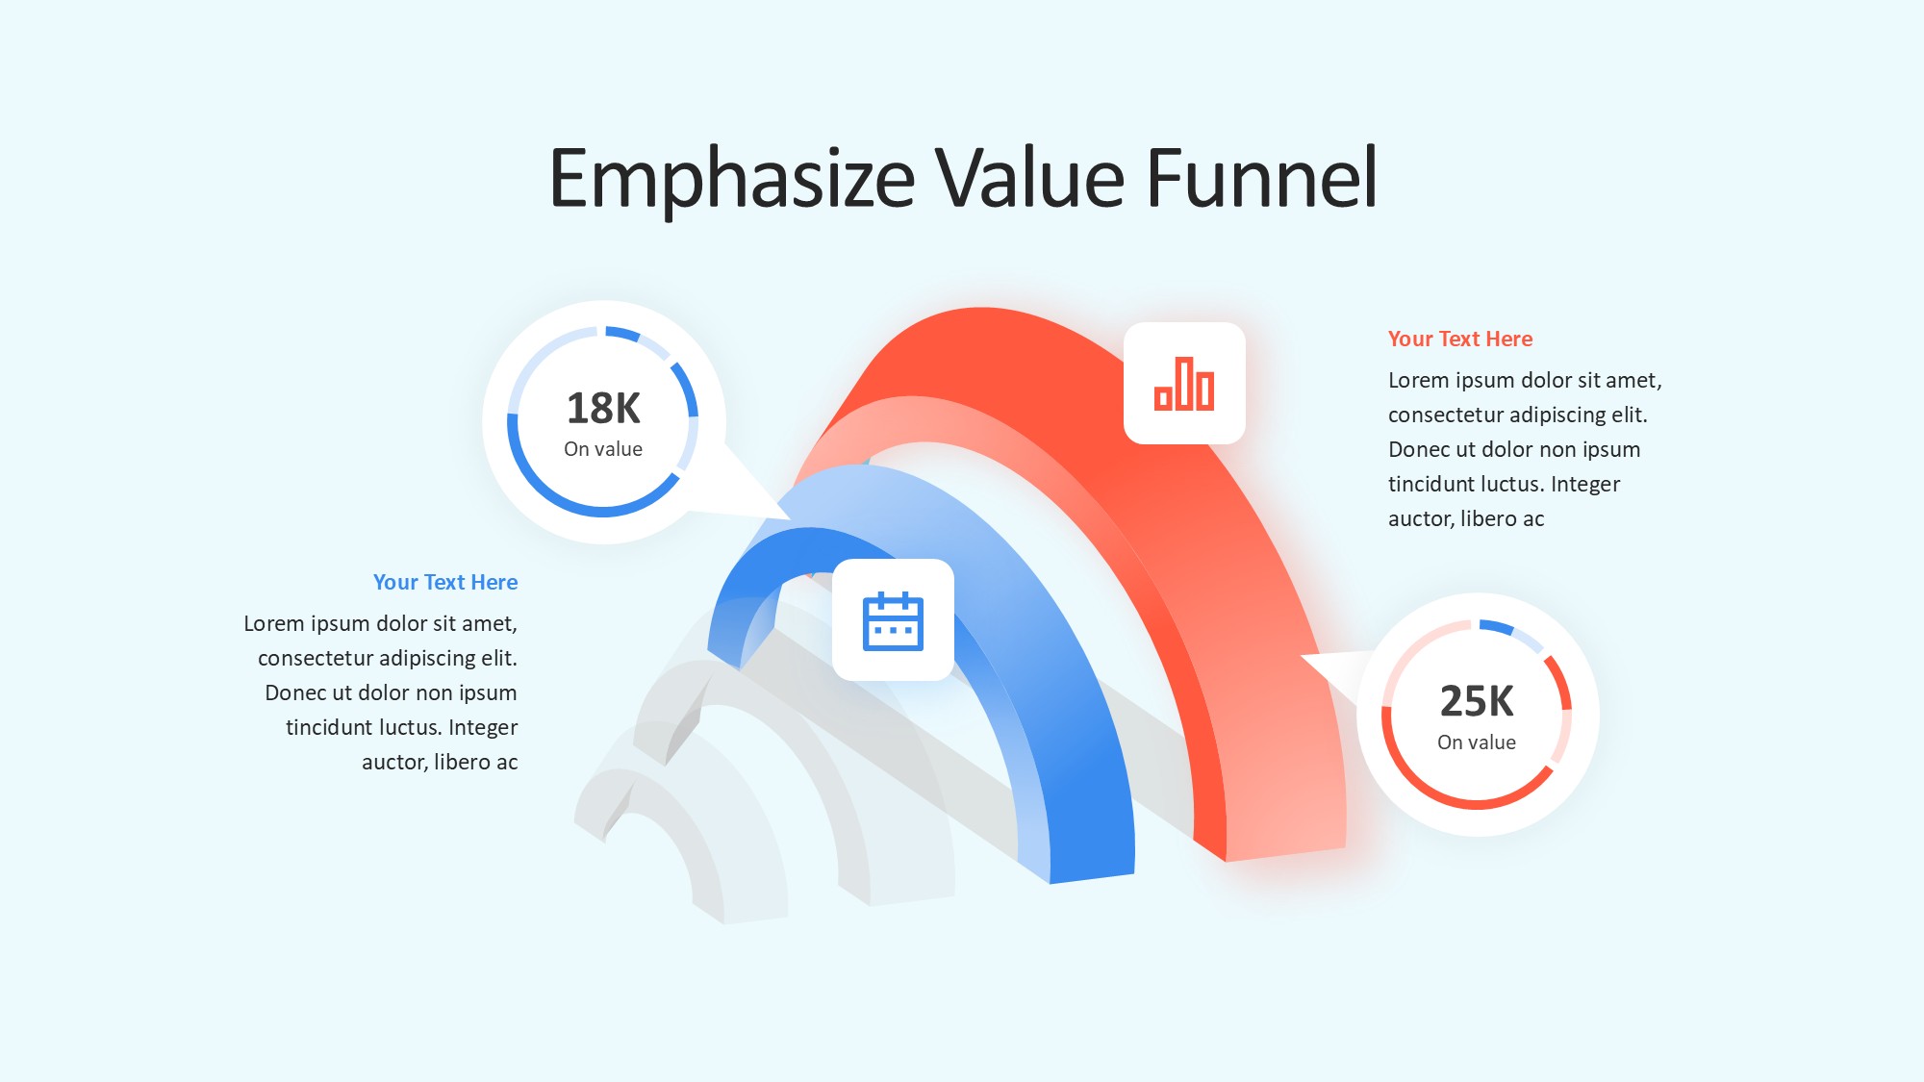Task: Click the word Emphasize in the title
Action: [x=732, y=179]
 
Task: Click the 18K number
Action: [x=603, y=408]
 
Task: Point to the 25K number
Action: [x=1477, y=701]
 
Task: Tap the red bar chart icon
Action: [x=1184, y=384]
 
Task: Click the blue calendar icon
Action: [x=893, y=621]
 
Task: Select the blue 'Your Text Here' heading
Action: [x=445, y=582]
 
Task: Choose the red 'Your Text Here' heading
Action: [x=1460, y=339]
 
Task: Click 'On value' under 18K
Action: [x=603, y=449]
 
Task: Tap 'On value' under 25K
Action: [x=1477, y=742]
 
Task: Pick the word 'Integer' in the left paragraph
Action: [x=483, y=728]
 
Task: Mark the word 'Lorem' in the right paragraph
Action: [x=1418, y=380]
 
